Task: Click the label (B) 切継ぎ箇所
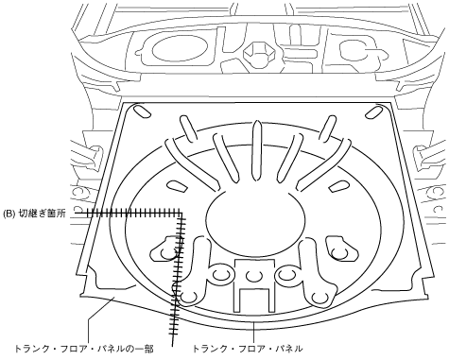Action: (34, 214)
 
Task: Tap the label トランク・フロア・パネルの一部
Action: (84, 349)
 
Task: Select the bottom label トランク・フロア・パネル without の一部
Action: (248, 349)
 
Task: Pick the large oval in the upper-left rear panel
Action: (180, 47)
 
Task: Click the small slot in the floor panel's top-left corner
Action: (142, 111)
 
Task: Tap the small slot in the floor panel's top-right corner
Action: (373, 112)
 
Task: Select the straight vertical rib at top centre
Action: (257, 151)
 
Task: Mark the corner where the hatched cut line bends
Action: (181, 214)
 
